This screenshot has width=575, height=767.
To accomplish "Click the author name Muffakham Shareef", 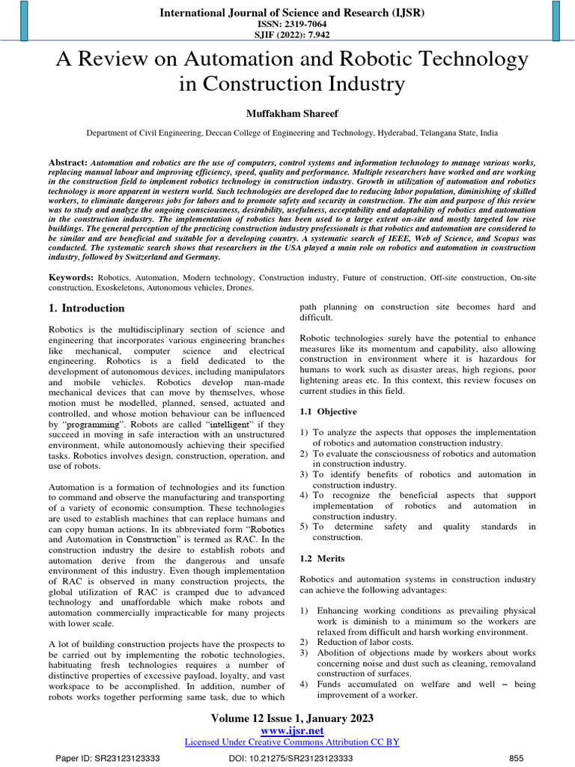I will pos(287,112).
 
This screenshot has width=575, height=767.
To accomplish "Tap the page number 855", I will pos(516,758).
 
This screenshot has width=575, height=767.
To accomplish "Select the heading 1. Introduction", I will pos(87,308).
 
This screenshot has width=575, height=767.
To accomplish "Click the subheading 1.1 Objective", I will pos(328,412).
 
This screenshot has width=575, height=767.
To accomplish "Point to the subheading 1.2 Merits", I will pos(323,559).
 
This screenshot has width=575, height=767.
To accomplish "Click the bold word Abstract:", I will pos(68,163).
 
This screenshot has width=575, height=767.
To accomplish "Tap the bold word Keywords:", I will pos(71,277).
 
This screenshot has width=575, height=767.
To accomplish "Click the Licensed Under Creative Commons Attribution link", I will pos(291,742).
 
